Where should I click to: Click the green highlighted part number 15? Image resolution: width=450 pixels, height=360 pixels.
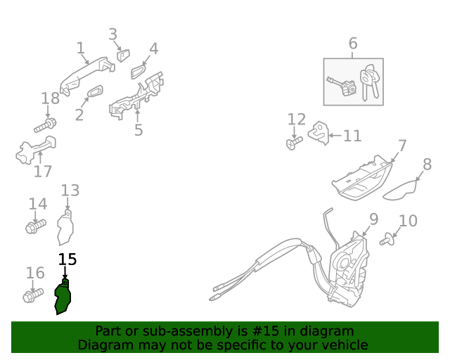(63, 297)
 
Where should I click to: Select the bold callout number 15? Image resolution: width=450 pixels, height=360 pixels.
(67, 259)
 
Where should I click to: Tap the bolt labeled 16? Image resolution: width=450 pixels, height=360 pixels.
(33, 295)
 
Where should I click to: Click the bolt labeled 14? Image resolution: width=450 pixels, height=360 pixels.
(36, 226)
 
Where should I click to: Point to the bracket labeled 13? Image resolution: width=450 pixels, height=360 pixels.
(65, 228)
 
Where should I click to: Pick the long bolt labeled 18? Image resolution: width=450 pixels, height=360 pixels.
(45, 125)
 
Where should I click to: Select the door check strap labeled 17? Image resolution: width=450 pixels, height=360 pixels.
(36, 150)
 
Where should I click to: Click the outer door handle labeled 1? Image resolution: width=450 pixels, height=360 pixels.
(87, 76)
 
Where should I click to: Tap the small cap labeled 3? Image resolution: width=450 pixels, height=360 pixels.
(123, 56)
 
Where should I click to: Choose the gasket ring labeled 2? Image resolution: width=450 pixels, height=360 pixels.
(95, 91)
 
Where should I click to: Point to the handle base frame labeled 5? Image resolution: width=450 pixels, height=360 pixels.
(136, 97)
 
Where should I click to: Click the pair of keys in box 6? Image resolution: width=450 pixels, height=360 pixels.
(369, 82)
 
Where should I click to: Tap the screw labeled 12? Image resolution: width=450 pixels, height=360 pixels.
(294, 143)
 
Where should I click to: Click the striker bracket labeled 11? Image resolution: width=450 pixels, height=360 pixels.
(319, 133)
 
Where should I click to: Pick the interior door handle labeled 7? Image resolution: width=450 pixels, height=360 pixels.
(361, 178)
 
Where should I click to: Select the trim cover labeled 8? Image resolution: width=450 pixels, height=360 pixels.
(400, 191)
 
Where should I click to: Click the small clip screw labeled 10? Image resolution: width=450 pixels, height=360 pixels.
(387, 240)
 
